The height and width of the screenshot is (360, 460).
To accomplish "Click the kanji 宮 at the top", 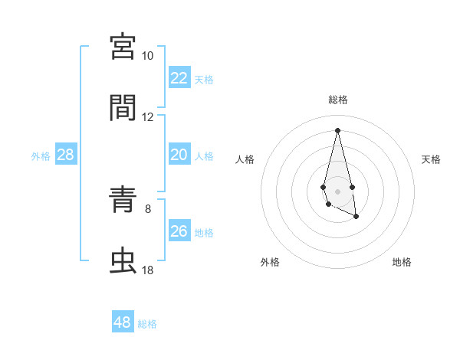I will coord(123,47).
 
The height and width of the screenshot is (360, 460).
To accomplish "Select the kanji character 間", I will coord(123,108).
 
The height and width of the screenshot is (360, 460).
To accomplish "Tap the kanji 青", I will coord(123,201).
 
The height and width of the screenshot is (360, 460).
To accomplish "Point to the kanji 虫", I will coord(123,261).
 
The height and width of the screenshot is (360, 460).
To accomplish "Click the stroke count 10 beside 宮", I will coord(148,56).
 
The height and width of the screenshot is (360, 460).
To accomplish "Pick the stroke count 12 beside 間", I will coord(148,117).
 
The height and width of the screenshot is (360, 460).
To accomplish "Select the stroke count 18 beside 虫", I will coord(148,270).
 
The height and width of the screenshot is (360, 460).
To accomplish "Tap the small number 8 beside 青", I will coord(148,208).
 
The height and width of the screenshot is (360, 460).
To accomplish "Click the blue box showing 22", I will coord(179,78).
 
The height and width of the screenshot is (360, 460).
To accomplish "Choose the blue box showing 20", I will coord(179,155).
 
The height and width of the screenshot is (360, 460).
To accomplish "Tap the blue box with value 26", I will coord(179,231).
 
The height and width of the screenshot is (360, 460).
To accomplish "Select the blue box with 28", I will coord(66,155).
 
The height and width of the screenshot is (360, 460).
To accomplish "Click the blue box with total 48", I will coord(123,322).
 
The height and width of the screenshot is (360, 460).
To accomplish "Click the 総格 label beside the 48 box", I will coord(147,324).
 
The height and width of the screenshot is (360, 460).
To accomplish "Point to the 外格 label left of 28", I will coord(41,156).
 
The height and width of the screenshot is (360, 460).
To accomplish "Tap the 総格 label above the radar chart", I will coord(338,100).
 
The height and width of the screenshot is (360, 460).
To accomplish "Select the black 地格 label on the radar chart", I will coord(402,262).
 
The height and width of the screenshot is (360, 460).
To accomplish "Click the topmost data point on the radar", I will coord(337,129).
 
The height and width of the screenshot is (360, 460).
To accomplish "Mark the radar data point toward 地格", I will coord(356,217).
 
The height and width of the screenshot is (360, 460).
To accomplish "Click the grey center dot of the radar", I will coord(337,190).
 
